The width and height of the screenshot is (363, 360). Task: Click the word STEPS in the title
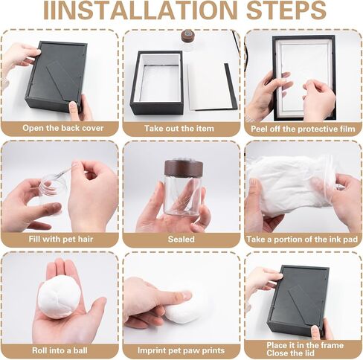286,10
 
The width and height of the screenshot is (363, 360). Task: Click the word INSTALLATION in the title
141,10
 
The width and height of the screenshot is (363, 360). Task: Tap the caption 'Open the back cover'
62,128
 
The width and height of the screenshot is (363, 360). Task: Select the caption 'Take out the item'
179,129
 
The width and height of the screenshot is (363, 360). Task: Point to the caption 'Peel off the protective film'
303,129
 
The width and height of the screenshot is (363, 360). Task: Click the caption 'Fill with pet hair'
61,240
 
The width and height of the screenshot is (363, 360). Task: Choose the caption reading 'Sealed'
181,240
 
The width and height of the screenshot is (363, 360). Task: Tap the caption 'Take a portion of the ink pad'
302,240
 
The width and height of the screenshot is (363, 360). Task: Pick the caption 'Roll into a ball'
60,350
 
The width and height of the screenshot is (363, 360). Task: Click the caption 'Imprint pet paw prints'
181,350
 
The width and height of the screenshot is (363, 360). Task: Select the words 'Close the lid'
290,353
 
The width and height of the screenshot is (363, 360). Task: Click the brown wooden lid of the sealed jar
184,167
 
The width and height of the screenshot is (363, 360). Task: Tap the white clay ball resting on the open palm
60,298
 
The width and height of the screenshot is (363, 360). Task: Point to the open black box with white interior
157,83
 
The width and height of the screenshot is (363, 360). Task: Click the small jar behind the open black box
187,39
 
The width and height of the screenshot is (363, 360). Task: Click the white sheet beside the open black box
209,87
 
